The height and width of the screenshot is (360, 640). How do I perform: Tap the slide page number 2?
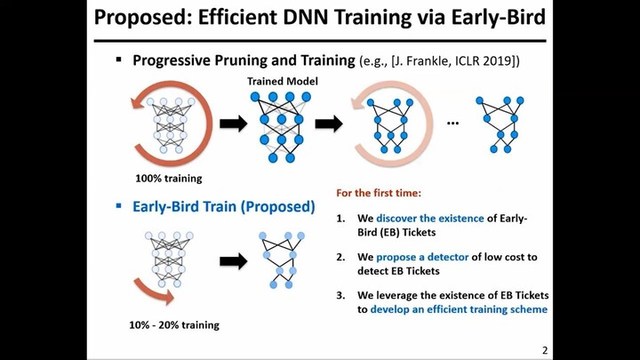click(x=543, y=350)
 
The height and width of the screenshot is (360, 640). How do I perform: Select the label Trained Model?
click(x=281, y=82)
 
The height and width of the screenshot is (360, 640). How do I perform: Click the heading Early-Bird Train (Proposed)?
click(x=223, y=206)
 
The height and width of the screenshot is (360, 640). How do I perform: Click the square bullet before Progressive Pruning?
click(x=117, y=60)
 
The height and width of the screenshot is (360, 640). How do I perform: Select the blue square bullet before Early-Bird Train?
click(x=117, y=206)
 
